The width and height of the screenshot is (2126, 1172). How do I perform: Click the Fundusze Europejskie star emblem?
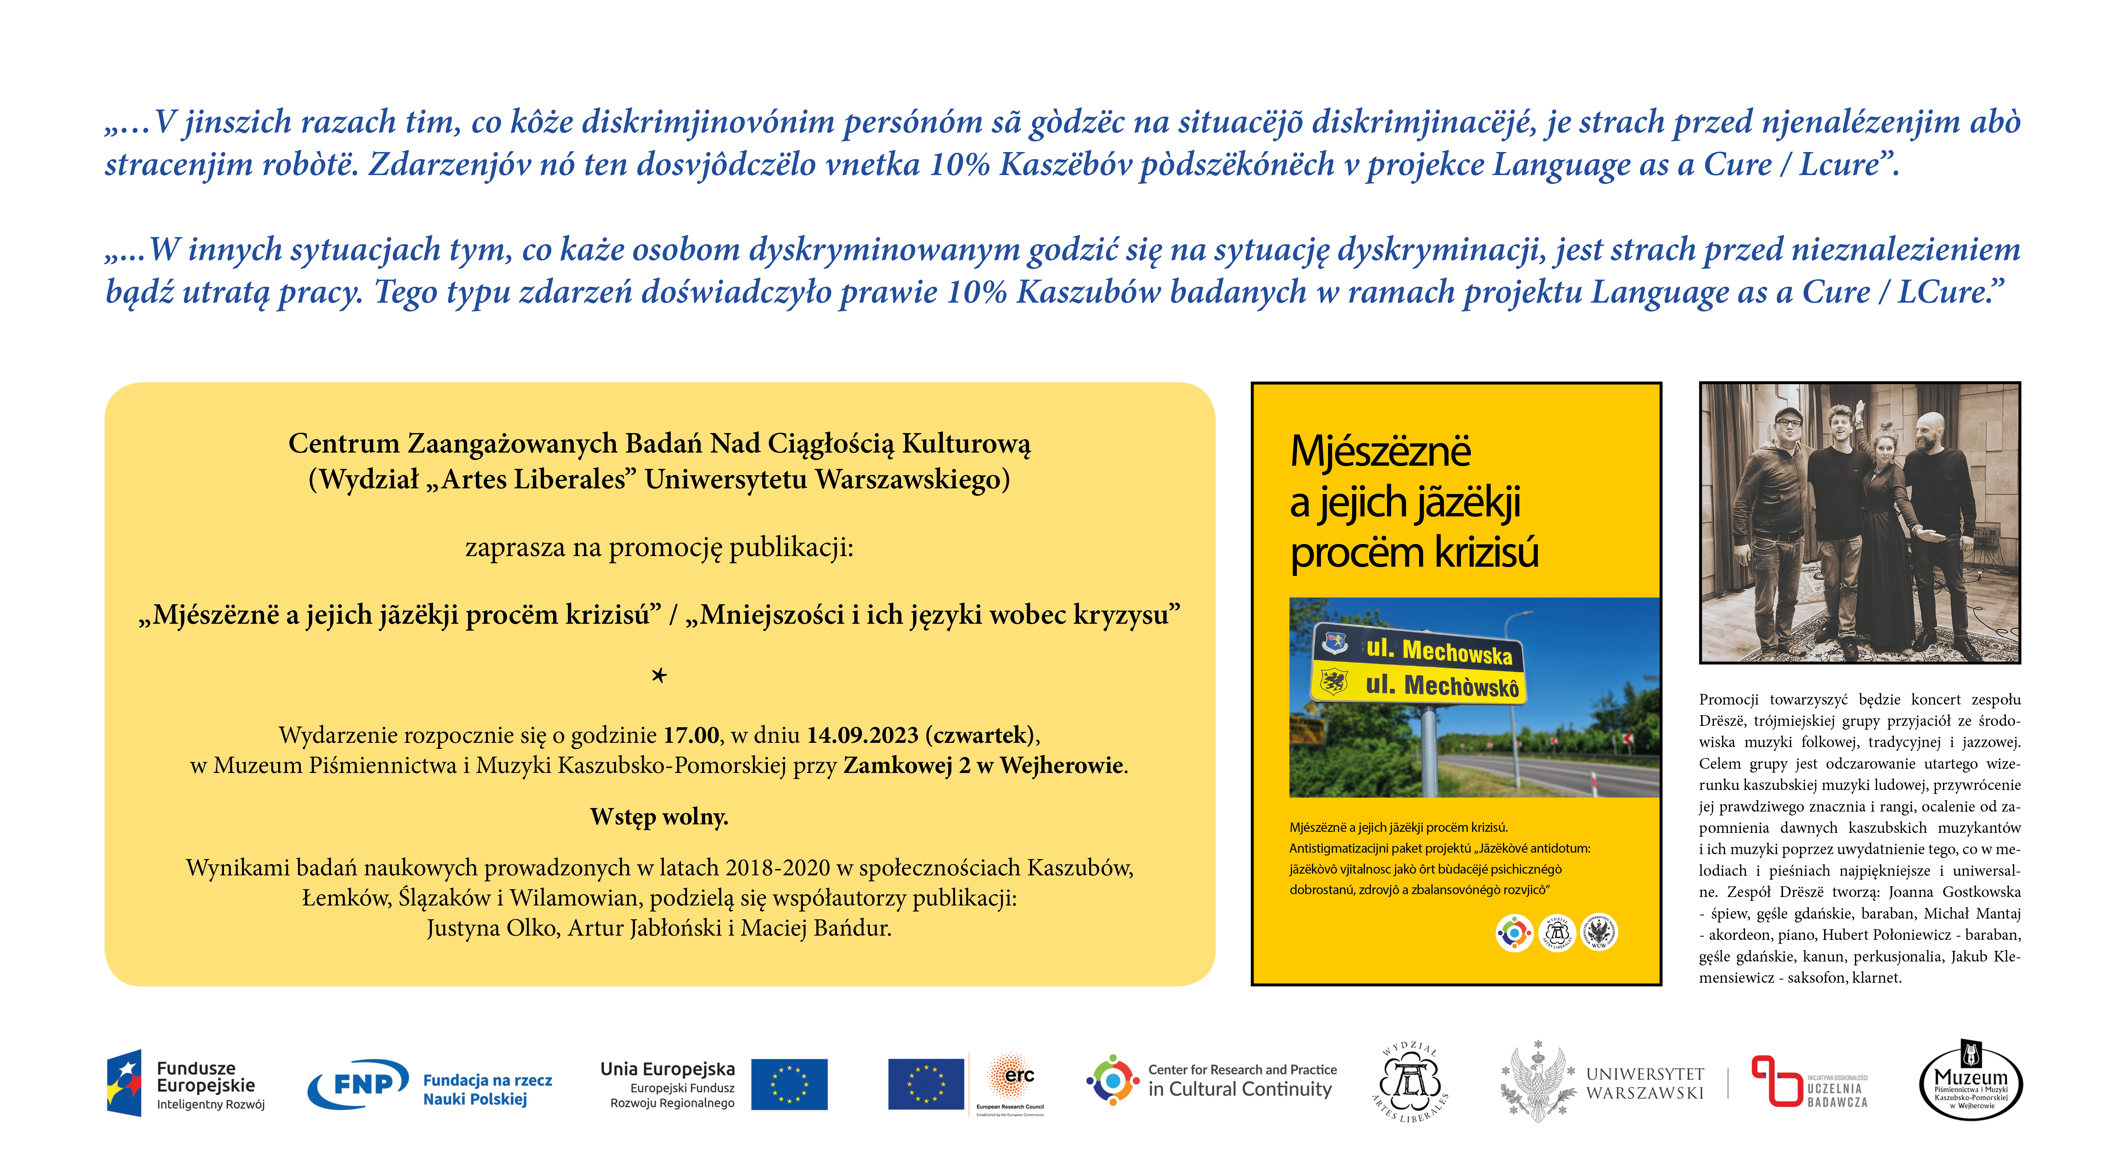[124, 1084]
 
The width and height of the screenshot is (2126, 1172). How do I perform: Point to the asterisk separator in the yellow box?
[659, 675]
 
